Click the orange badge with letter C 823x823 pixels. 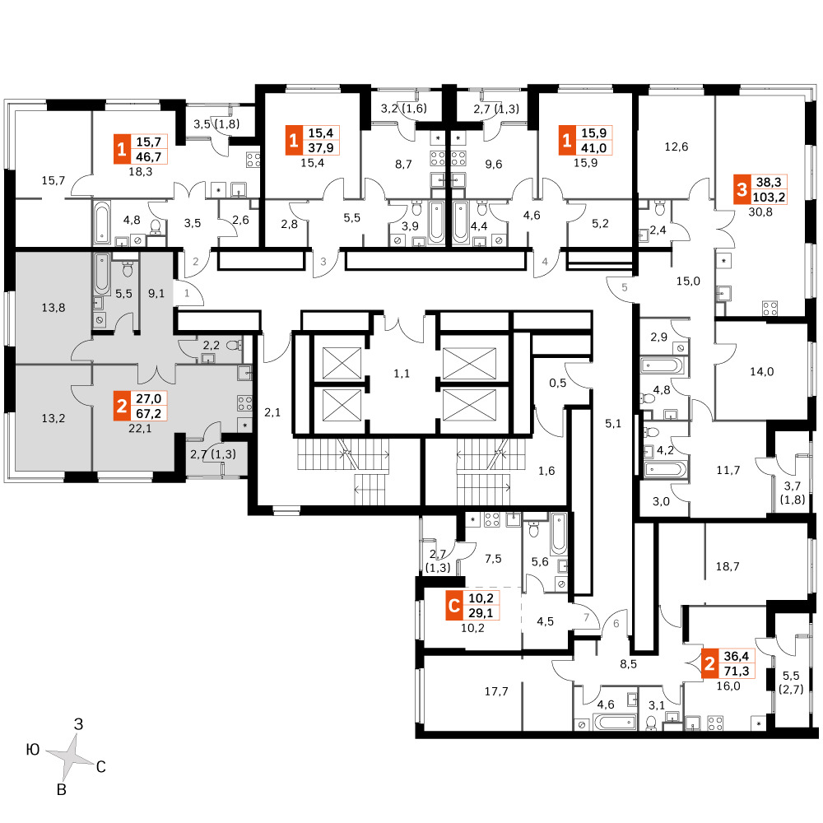pyautogui.click(x=454, y=606)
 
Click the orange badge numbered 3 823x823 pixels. pyautogui.click(x=742, y=189)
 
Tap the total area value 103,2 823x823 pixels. pyautogui.click(x=769, y=198)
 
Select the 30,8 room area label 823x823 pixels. pyautogui.click(x=760, y=212)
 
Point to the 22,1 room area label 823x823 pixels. pyautogui.click(x=140, y=428)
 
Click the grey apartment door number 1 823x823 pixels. pyautogui.click(x=187, y=294)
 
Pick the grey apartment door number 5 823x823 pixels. pyautogui.click(x=625, y=287)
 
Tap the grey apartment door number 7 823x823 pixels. pyautogui.click(x=587, y=617)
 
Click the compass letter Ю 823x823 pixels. pyautogui.click(x=33, y=750)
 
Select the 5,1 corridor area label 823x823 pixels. pyautogui.click(x=613, y=424)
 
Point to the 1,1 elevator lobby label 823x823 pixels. pyautogui.click(x=402, y=374)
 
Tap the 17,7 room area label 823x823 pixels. pyautogui.click(x=496, y=691)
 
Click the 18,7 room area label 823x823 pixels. pyautogui.click(x=728, y=566)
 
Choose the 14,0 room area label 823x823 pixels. pyautogui.click(x=761, y=372)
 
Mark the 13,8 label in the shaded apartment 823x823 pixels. pyautogui.click(x=53, y=308)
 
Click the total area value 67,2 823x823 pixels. pyautogui.click(x=148, y=414)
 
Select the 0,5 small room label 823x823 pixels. pyautogui.click(x=557, y=384)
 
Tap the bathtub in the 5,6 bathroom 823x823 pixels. pyautogui.click(x=559, y=534)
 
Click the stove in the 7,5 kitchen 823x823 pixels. pyautogui.click(x=492, y=519)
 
